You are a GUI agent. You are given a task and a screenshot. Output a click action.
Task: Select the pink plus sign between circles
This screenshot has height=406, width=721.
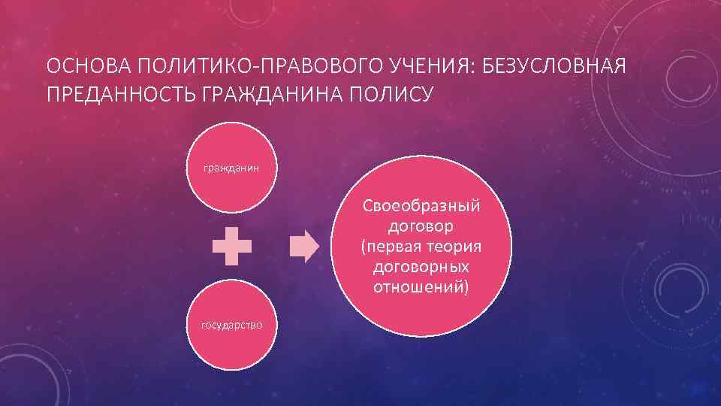click(x=231, y=246)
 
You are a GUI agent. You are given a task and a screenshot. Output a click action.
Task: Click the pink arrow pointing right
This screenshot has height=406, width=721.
click(x=304, y=246)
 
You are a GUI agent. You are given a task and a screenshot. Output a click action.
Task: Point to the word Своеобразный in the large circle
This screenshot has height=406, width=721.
click(x=422, y=206)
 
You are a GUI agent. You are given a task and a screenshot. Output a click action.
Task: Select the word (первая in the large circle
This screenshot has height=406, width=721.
click(x=388, y=247)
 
